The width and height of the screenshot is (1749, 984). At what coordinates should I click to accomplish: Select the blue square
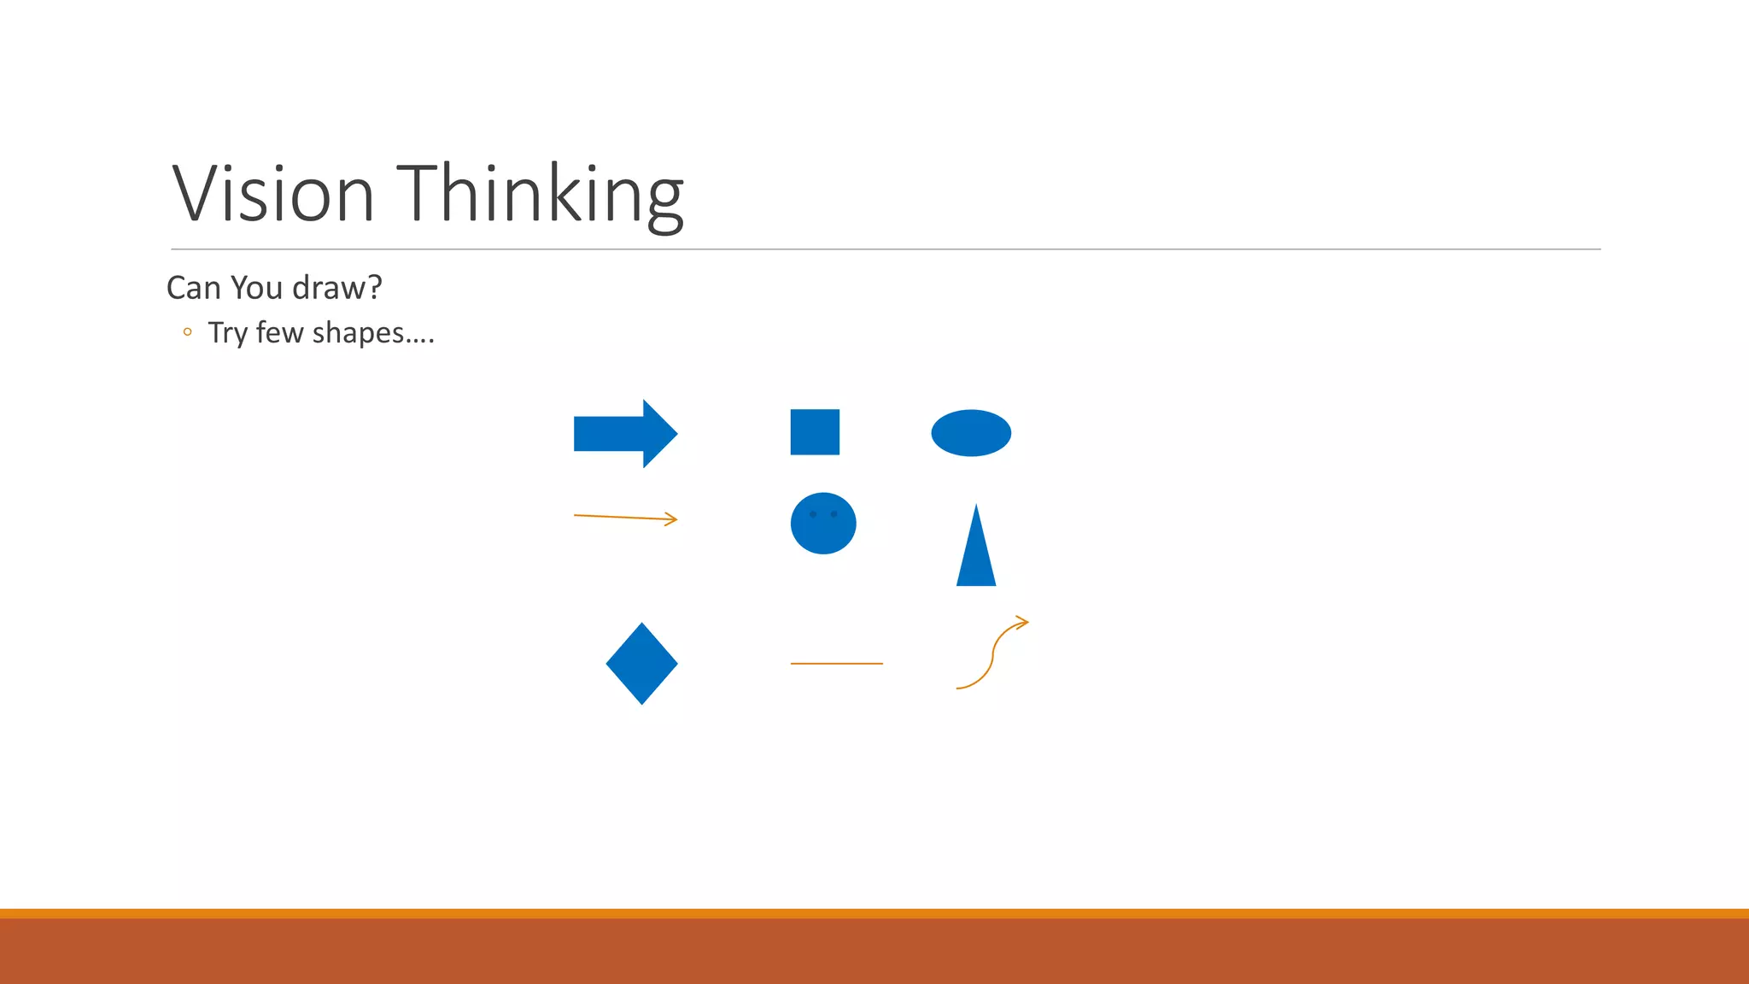[815, 432]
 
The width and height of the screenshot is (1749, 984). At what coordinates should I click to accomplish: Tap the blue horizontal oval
[971, 433]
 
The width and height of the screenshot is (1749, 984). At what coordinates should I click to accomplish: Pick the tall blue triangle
[976, 555]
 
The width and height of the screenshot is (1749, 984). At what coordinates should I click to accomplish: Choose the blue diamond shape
[641, 664]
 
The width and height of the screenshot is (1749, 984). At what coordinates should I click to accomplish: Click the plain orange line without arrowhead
[836, 664]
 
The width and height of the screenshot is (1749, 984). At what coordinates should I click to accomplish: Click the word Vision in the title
[273, 194]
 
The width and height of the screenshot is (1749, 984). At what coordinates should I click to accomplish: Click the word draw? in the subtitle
[336, 288]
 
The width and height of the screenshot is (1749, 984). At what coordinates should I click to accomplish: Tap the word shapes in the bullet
[358, 333]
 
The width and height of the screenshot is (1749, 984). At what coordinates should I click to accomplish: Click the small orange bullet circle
[187, 332]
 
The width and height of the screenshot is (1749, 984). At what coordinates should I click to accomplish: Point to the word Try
[227, 333]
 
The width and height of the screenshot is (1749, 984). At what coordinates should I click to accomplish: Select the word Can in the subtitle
[194, 288]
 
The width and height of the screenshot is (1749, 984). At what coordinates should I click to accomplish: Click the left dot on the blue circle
[813, 514]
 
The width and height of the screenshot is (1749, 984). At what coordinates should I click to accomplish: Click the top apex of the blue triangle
[976, 507]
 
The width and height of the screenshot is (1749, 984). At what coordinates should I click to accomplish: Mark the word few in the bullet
[280, 332]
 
